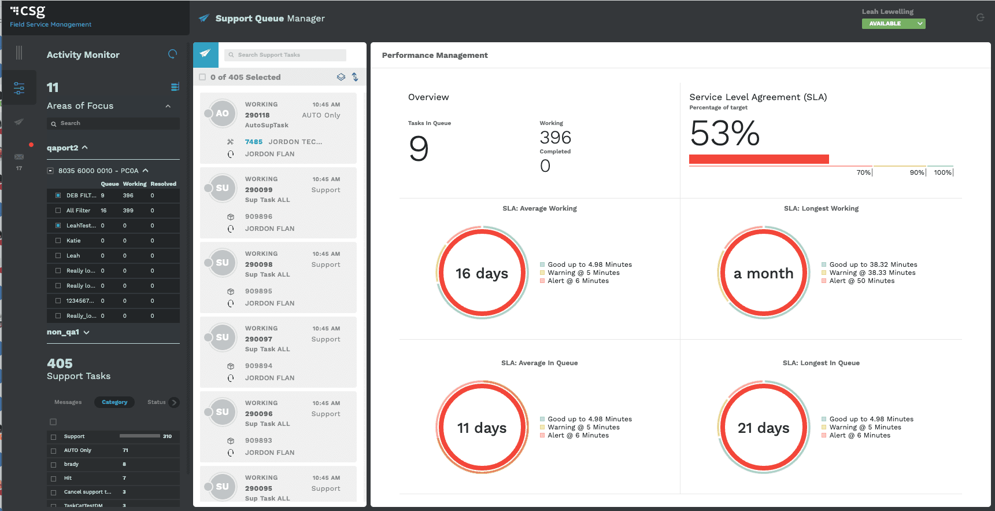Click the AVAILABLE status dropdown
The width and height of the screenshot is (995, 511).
893,24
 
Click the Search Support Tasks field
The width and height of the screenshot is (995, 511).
285,55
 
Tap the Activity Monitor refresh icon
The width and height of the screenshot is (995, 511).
172,54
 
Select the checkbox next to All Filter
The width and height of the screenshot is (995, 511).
58,211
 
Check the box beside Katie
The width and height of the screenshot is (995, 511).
58,241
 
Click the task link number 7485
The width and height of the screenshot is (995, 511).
254,142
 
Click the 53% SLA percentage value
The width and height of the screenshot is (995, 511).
725,133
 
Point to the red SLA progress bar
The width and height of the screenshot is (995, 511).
759,159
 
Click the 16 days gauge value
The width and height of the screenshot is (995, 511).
482,273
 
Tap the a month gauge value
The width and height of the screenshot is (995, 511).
763,273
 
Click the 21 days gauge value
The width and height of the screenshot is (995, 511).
763,428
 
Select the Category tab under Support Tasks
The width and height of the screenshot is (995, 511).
114,402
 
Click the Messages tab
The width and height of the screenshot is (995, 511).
68,402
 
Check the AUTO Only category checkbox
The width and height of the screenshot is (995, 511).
54,451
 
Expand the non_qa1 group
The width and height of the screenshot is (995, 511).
68,332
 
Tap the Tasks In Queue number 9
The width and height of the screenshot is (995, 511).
419,148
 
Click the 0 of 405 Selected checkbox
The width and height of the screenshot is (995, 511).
202,77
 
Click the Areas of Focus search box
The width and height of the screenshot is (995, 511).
113,123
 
